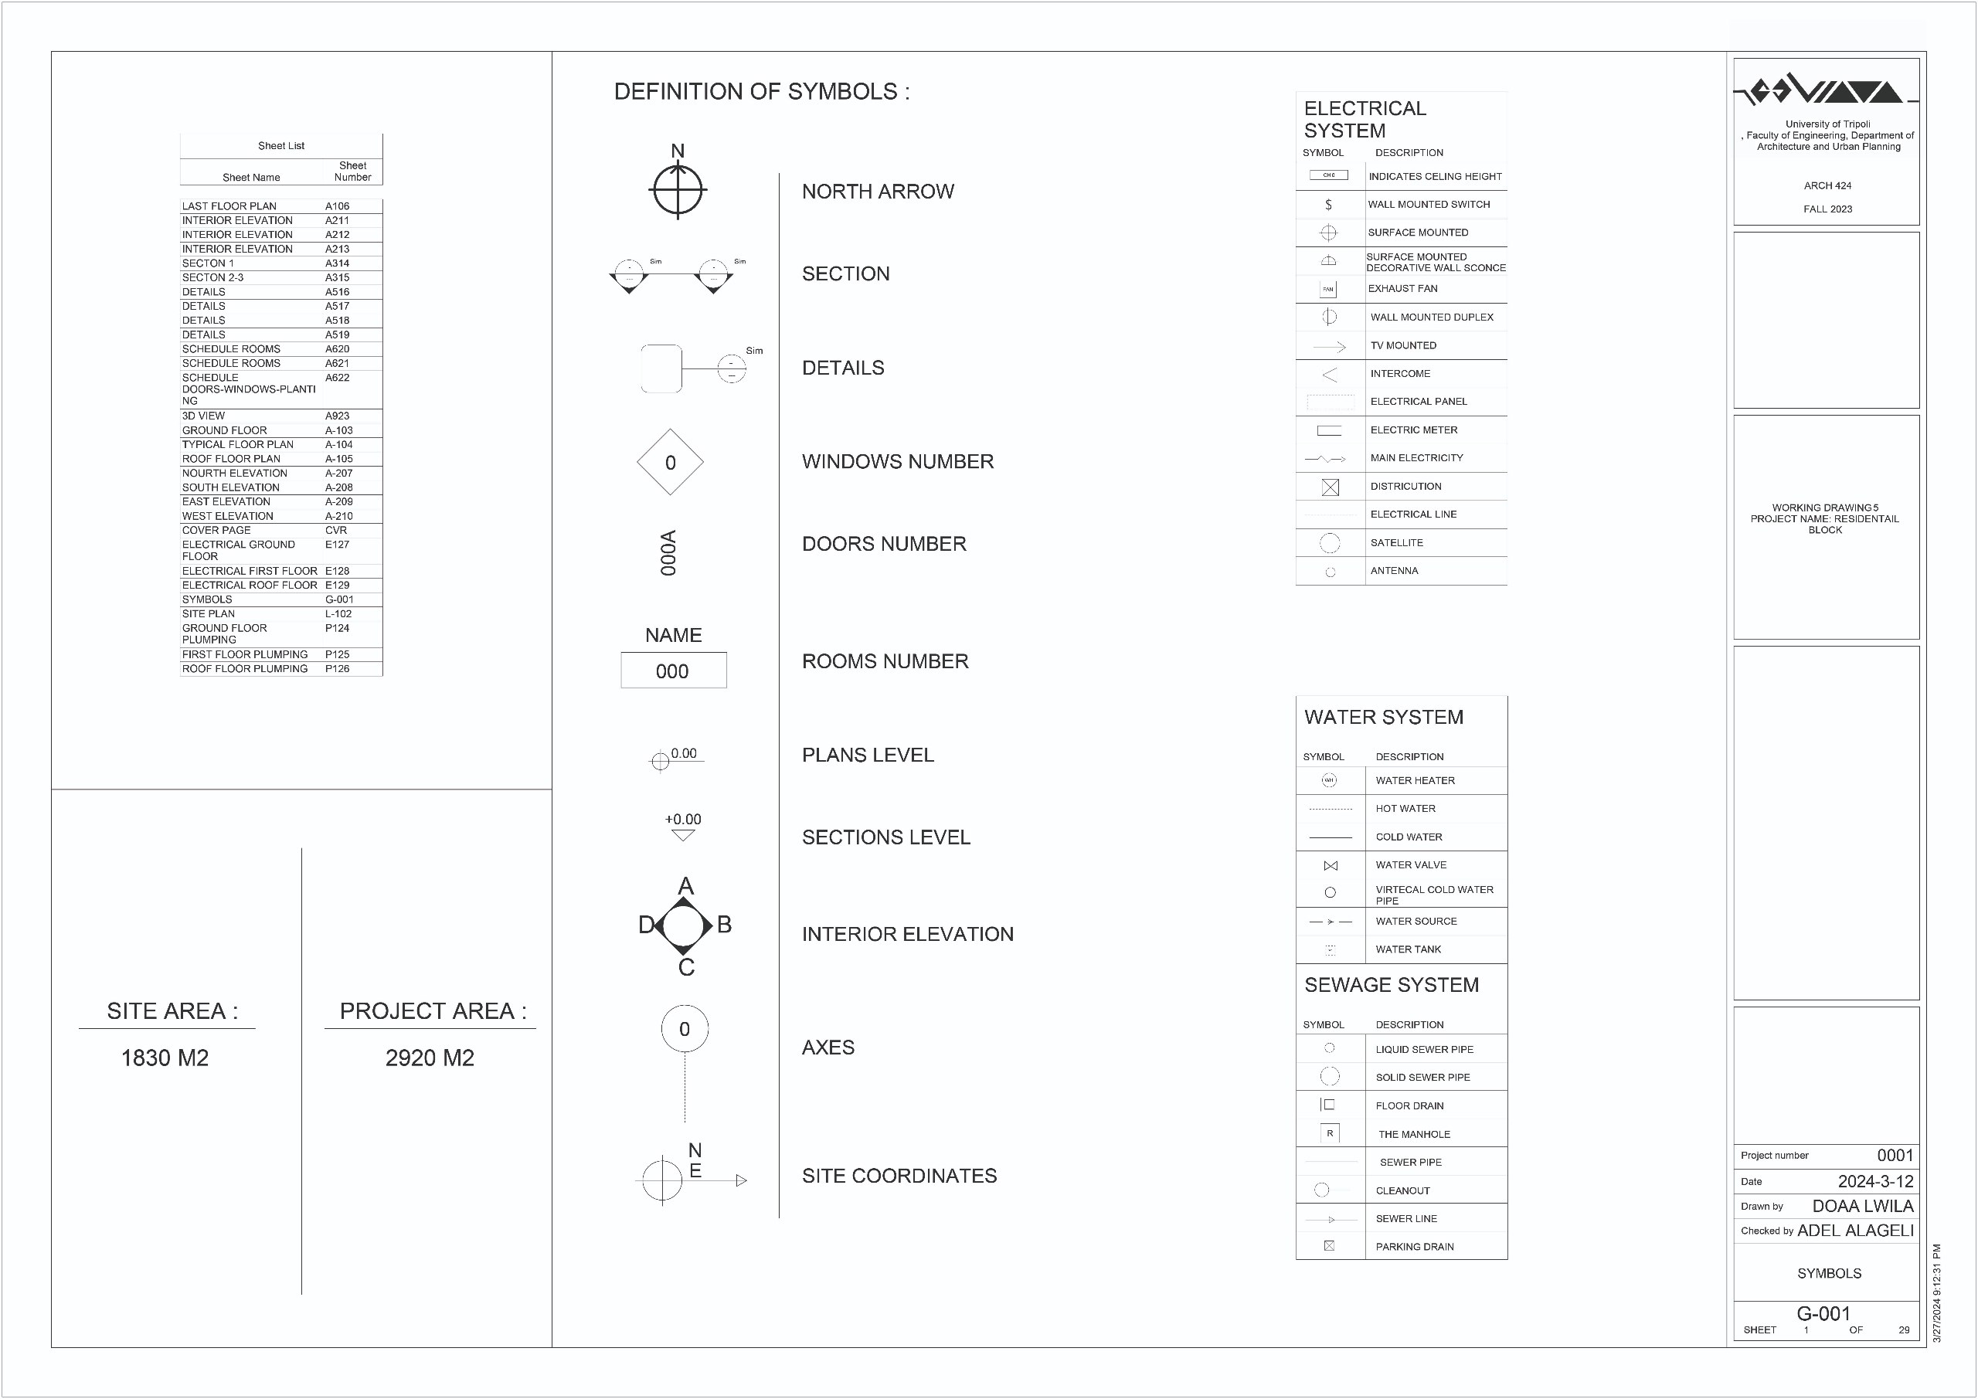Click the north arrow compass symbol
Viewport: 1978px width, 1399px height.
(x=678, y=188)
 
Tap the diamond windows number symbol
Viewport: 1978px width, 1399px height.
(x=670, y=463)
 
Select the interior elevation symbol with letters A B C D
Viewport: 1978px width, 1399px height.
(x=685, y=926)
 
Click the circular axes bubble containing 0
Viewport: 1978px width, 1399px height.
(x=685, y=1028)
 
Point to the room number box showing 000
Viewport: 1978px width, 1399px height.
(x=673, y=671)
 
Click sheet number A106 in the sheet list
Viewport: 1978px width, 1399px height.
(x=338, y=207)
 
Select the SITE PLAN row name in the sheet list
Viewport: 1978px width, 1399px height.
(x=209, y=614)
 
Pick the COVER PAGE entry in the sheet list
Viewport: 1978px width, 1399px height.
(x=216, y=531)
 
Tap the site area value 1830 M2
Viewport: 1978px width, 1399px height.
(x=165, y=1058)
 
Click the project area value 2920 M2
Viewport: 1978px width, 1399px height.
(x=430, y=1058)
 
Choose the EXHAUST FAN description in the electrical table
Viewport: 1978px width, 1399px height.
(x=1402, y=289)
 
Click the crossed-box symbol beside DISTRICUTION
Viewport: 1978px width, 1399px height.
(x=1331, y=487)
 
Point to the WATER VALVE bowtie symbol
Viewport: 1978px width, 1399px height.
(x=1331, y=866)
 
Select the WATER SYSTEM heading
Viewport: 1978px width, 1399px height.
(x=1384, y=718)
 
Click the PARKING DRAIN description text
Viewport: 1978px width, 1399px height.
(x=1415, y=1247)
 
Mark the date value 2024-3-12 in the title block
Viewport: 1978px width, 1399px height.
(x=1875, y=1181)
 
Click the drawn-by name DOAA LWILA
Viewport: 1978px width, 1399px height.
(x=1863, y=1206)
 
